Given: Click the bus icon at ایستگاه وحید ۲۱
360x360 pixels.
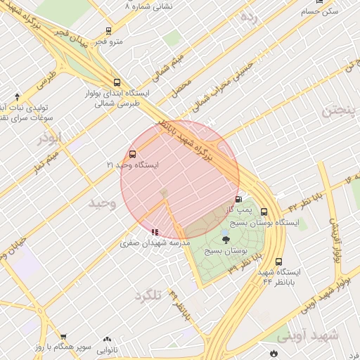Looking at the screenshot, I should pos(133,155).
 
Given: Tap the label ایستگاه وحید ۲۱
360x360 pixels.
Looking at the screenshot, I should pos(133,165).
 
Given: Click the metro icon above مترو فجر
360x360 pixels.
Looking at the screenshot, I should pos(108,31).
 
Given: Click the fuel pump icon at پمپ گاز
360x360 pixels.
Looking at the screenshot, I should pos(238,200).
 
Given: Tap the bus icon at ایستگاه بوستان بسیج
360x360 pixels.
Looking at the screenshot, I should pos(264,212).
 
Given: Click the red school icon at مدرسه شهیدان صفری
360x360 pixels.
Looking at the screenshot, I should pos(155,231).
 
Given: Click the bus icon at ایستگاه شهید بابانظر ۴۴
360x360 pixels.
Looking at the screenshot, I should pos(279,262).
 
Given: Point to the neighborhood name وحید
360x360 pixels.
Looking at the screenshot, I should pos(102,203).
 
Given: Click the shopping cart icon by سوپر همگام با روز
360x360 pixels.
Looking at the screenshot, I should pos(63,337).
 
